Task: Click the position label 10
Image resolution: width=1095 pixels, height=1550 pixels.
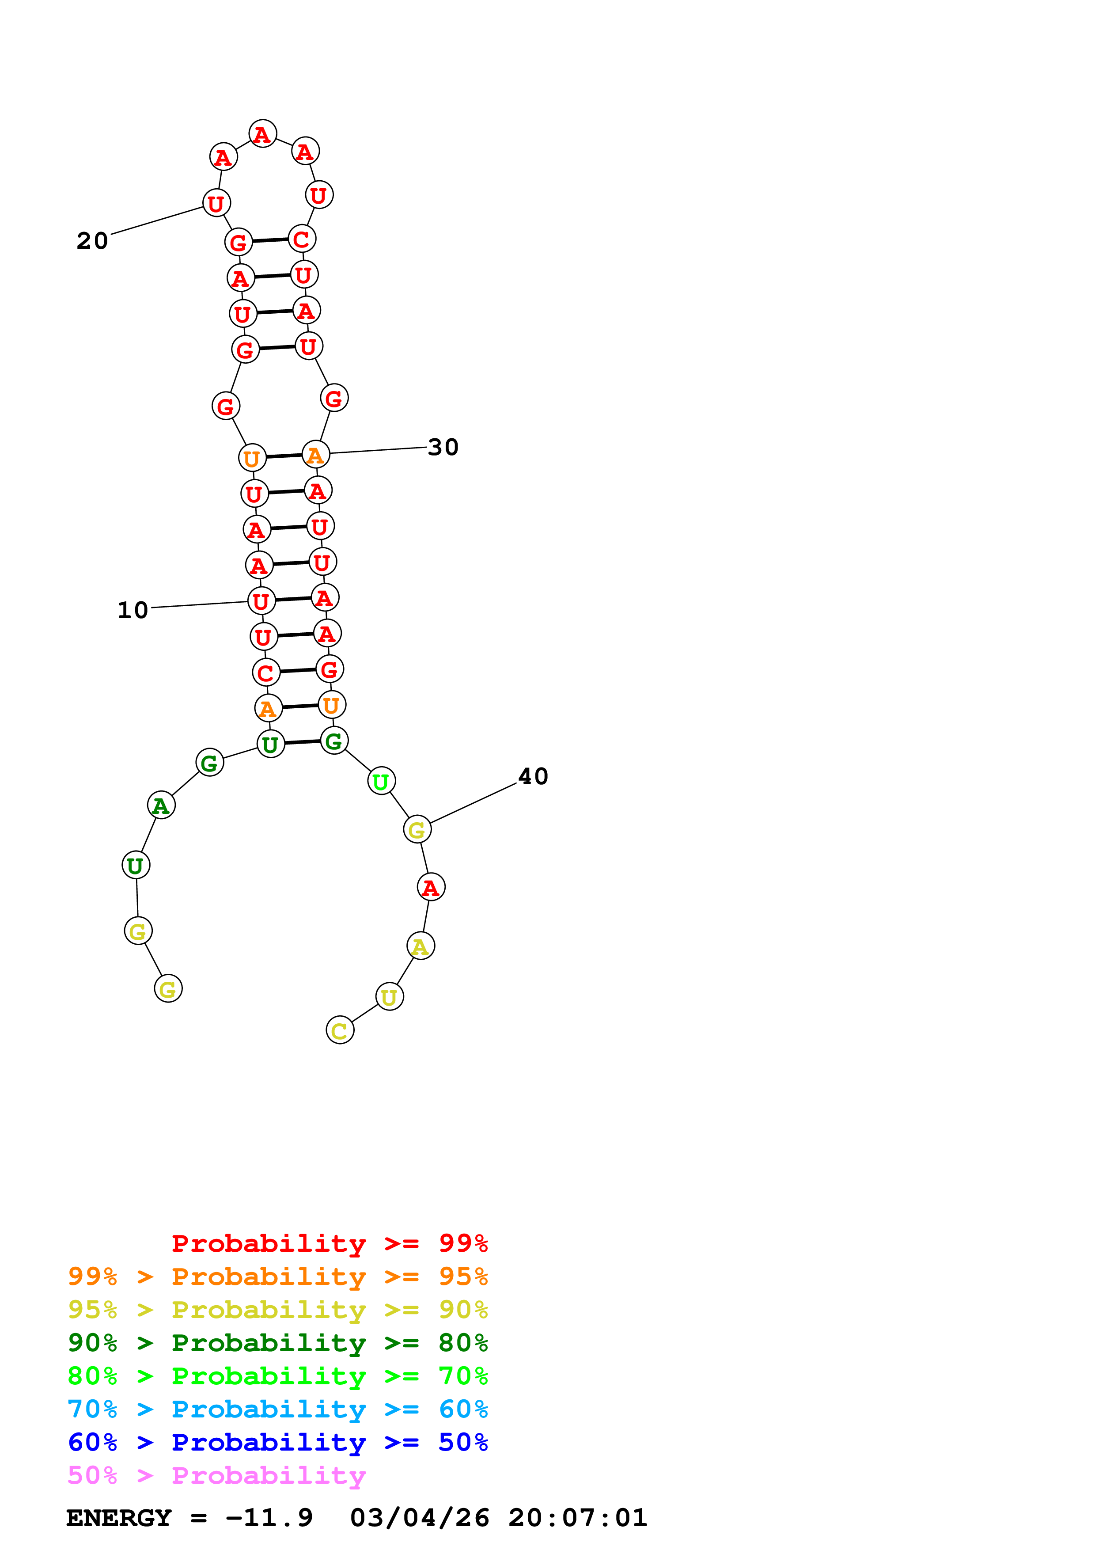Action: click(133, 610)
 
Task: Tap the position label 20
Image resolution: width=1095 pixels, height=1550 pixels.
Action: click(92, 240)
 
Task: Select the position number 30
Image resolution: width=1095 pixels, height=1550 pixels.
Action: click(443, 447)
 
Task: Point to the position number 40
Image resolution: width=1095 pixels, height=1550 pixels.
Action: click(533, 776)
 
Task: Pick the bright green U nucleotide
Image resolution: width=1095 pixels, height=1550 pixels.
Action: click(381, 781)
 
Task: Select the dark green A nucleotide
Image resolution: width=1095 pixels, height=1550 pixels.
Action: click(161, 805)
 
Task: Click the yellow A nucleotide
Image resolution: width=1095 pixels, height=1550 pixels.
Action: click(421, 946)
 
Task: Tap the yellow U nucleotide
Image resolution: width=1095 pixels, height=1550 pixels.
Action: click(389, 996)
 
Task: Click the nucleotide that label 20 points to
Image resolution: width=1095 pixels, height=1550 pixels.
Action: click(216, 202)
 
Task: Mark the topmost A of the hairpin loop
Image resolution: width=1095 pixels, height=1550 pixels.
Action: click(262, 134)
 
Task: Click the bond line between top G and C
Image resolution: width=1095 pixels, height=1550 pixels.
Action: click(270, 240)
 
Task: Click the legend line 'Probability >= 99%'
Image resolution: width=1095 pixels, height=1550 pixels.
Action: click(329, 1243)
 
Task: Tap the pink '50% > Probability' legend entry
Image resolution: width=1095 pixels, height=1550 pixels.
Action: click(216, 1475)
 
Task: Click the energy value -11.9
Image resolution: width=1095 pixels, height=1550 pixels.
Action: click(269, 1518)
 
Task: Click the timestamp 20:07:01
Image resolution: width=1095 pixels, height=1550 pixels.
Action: click(577, 1518)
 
